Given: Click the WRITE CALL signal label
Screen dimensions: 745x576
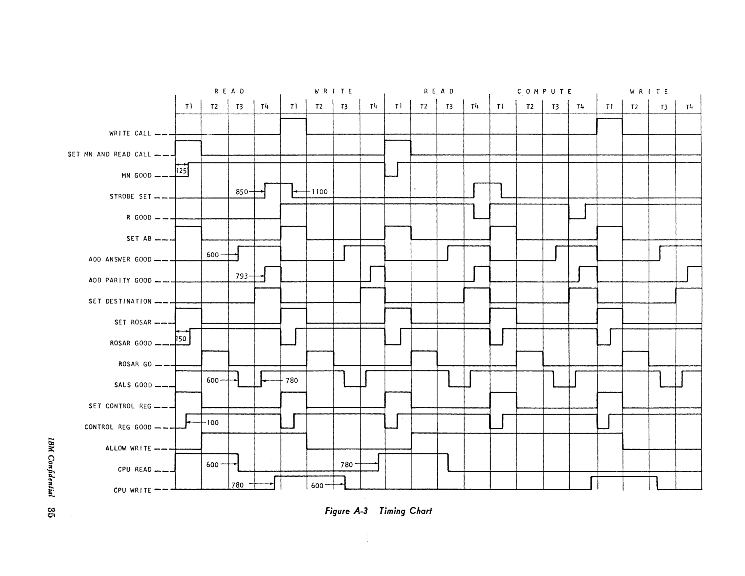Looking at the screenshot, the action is pos(130,134).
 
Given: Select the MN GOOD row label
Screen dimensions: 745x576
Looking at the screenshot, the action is pos(136,176).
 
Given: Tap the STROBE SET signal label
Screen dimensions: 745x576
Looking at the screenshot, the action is pos(130,197).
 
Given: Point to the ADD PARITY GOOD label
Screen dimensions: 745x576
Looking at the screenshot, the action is pos(120,280).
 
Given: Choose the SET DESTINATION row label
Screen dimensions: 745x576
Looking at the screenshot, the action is pos(120,301).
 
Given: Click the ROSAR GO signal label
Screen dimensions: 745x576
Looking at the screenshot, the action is pos(135,364).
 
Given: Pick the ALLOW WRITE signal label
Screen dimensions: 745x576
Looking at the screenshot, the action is pos(128,448).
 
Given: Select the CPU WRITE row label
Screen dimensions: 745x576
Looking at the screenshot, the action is pos(132,490).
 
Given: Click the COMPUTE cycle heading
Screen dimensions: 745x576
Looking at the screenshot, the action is pos(544,91).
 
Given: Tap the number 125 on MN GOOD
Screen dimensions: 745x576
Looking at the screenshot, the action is pos(182,171).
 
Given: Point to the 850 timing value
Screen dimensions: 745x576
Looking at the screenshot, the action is pos(242,192).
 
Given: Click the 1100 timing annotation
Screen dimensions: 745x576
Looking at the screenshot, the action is pos(320,192).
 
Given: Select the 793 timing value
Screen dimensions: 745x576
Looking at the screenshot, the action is pos(242,276).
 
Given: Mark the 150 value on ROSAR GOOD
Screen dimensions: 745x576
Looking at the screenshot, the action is pos(181,339).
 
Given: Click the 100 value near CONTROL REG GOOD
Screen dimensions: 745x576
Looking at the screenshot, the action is pos(212,423).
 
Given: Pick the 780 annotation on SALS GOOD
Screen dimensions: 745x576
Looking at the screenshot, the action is pos(291,380).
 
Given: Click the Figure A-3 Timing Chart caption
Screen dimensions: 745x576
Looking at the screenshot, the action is pos(378,511).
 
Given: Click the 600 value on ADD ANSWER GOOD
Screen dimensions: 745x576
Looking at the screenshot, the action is pos(212,255).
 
